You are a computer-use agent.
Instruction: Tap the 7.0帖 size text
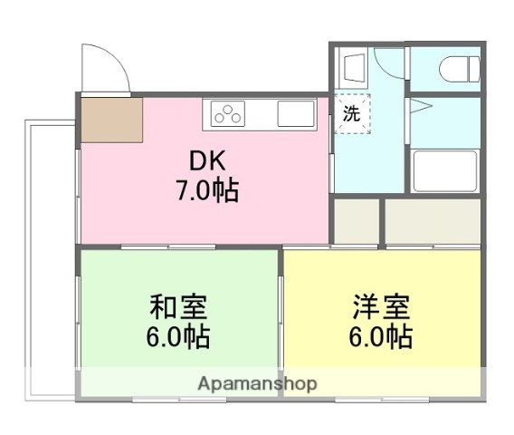click(x=206, y=191)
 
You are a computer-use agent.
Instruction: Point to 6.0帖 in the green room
click(x=179, y=337)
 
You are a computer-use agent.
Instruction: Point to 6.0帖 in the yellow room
click(x=381, y=337)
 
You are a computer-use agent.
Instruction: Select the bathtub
click(x=444, y=170)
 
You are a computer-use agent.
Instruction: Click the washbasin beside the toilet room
click(x=353, y=67)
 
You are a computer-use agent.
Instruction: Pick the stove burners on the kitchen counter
click(x=228, y=114)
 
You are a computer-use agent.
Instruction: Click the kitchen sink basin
click(x=296, y=114)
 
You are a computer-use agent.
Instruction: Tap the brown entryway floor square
click(x=111, y=118)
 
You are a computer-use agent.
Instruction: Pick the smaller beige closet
click(x=355, y=220)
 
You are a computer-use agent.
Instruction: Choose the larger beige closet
click(x=433, y=220)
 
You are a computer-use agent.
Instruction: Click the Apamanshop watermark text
click(x=258, y=384)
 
